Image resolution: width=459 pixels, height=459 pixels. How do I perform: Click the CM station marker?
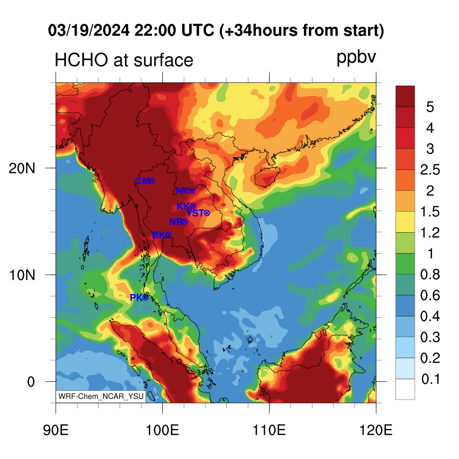[x=152, y=181]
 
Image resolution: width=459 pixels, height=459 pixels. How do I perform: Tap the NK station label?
[x=182, y=191]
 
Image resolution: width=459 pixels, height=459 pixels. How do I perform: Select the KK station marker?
[x=193, y=206]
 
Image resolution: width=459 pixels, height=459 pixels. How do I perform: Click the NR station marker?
[x=185, y=222]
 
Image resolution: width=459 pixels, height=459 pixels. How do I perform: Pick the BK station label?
[x=159, y=235]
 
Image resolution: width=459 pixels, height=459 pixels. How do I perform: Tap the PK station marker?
[x=146, y=298]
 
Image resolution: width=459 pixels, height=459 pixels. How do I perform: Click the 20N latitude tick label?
[x=22, y=169]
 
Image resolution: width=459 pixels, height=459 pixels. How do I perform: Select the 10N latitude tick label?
[x=22, y=275]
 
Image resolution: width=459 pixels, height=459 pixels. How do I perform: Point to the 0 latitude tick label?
[x=31, y=382]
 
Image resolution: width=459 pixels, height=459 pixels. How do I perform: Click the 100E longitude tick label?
[x=162, y=430]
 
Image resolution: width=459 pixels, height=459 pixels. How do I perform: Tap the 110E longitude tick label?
[x=269, y=430]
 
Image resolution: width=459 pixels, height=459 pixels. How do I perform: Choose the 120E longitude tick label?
[x=376, y=430]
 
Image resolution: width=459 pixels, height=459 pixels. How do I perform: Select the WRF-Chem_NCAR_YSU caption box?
[x=101, y=396]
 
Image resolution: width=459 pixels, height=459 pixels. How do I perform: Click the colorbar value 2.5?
[x=430, y=170]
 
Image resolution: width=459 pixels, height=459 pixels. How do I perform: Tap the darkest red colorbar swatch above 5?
[x=405, y=96]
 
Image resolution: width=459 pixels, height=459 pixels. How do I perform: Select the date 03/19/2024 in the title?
[x=89, y=30]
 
